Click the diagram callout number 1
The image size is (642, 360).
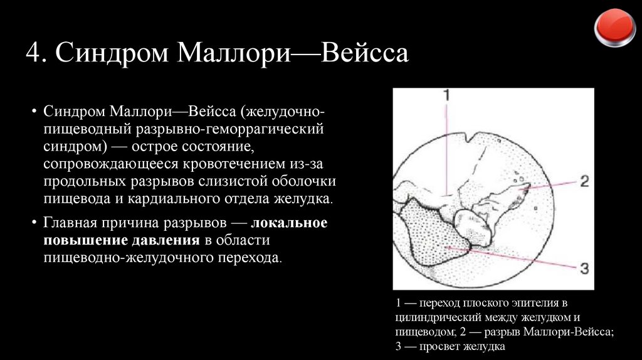[x=445, y=96]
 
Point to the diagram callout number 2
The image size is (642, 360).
[x=583, y=182]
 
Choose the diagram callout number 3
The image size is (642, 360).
[x=583, y=269]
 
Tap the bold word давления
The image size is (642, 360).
[x=165, y=241]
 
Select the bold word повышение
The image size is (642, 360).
[x=83, y=241]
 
